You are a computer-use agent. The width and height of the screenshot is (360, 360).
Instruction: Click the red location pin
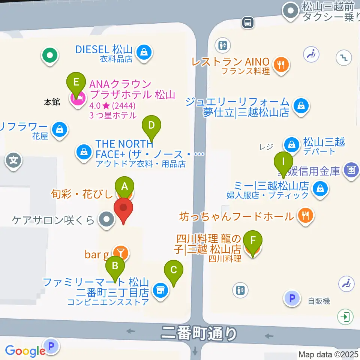point(123,209)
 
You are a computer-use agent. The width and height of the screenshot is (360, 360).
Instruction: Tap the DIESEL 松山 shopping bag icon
point(144,53)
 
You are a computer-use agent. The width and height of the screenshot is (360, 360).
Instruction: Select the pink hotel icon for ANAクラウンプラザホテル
point(78,99)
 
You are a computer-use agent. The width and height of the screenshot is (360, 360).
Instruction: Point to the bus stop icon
point(248,22)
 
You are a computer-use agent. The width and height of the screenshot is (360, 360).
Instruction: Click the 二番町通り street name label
point(199,333)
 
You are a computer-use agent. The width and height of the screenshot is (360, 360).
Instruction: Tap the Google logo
point(25,351)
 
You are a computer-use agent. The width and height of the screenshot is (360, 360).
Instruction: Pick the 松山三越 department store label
point(324,142)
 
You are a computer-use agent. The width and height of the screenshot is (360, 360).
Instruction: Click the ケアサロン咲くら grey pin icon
point(106,219)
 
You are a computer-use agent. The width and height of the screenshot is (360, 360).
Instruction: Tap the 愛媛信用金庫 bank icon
point(351,170)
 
